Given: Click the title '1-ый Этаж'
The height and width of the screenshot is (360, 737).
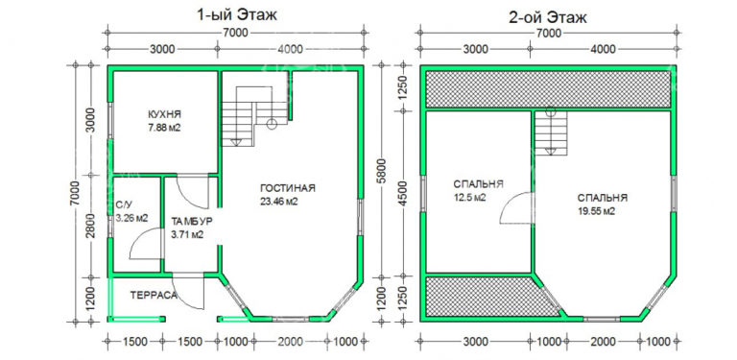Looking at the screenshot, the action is (237, 14).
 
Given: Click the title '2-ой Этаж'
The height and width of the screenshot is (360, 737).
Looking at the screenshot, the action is (548, 18).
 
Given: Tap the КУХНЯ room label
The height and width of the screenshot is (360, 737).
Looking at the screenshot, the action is (164, 114).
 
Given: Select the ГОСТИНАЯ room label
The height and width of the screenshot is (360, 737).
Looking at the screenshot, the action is (287, 188).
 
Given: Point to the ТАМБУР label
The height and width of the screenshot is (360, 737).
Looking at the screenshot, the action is (192, 221).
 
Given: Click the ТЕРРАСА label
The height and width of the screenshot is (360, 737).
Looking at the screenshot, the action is (154, 295).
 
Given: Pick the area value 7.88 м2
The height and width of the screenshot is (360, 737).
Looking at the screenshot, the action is (164, 128).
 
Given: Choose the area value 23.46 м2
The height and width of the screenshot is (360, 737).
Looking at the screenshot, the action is (279, 203).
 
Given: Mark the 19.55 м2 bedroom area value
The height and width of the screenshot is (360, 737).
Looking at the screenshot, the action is (597, 211).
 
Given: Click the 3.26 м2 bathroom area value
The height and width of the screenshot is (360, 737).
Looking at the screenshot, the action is (131, 218).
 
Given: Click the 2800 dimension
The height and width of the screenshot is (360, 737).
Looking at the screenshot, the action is (91, 227).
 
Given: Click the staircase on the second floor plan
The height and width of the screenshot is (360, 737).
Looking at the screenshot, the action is (551, 132).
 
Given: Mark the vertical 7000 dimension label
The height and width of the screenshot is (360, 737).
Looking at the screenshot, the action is (77, 193).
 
